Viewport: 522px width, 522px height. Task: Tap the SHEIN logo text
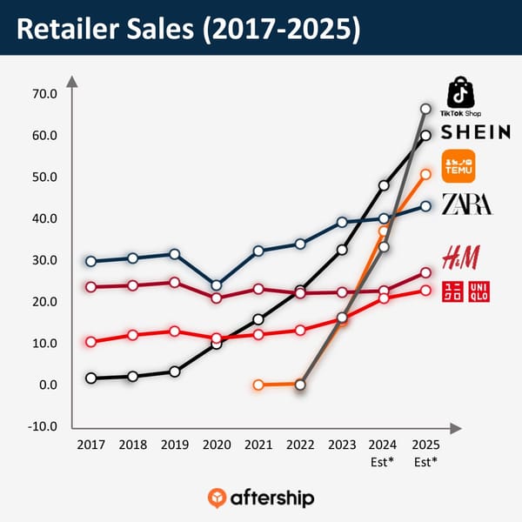pos(475,132)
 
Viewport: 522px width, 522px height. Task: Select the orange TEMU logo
pos(458,166)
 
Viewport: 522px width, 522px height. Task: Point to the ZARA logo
pos(467,204)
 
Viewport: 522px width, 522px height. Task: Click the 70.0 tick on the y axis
pos(43,94)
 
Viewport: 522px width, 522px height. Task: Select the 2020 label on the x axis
pos(216,445)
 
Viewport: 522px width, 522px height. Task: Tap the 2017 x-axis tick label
pos(90,445)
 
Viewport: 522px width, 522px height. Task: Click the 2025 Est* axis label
pos(425,452)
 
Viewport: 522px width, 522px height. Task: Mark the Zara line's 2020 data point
pos(216,285)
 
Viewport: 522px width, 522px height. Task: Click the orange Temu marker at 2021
pos(258,385)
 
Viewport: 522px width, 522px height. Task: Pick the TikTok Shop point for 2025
pos(425,109)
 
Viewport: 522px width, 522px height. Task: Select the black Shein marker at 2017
pos(90,378)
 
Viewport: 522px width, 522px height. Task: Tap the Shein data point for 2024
pos(384,185)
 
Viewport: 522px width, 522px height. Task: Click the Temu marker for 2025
pos(425,174)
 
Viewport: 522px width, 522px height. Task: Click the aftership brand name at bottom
pos(271,499)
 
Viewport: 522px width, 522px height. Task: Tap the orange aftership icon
pos(217,498)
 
